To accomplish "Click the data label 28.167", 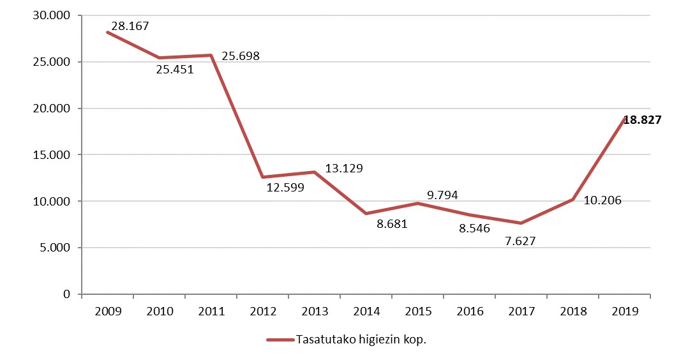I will (x=130, y=27).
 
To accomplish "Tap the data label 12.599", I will (x=285, y=188).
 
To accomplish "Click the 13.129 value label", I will (x=344, y=169).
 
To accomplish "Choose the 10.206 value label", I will (x=602, y=200).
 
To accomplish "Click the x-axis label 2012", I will (x=263, y=311).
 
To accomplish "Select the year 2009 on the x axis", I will (x=107, y=311).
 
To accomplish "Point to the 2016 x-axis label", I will (x=470, y=311).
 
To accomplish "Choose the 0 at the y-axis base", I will (x=66, y=294).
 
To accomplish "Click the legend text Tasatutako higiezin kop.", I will (x=361, y=340).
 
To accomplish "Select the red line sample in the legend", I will (x=280, y=340).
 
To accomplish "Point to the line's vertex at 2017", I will (x=521, y=223).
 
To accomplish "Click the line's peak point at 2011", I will (x=211, y=56).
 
